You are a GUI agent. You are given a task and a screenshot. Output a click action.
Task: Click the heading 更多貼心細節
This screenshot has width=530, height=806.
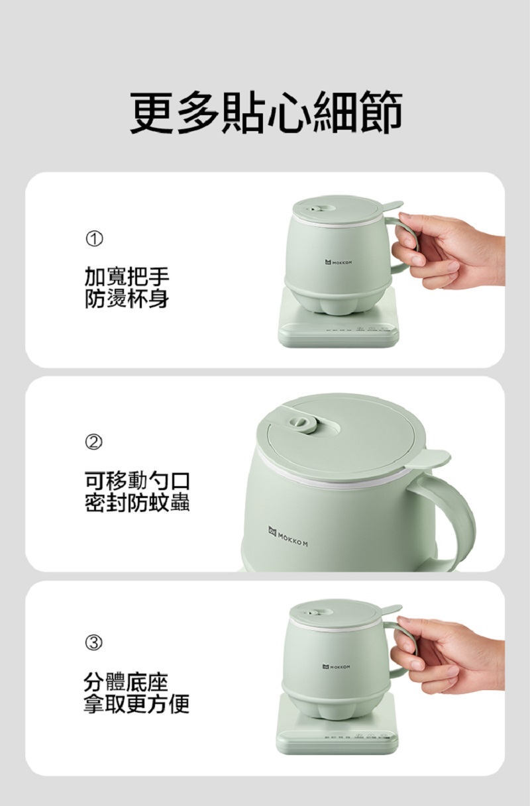(x=266, y=112)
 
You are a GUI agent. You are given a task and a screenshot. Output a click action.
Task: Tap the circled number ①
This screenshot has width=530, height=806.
(x=93, y=239)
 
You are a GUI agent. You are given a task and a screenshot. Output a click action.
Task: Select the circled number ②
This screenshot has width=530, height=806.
(x=93, y=442)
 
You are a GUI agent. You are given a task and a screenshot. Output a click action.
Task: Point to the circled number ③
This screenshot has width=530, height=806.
(x=93, y=643)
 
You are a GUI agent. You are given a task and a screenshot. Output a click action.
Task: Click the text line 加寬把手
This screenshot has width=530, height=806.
(x=127, y=276)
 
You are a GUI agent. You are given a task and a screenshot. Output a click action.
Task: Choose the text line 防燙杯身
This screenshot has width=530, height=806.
(x=127, y=299)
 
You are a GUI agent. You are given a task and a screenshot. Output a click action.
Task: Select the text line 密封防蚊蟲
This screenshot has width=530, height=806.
(x=137, y=502)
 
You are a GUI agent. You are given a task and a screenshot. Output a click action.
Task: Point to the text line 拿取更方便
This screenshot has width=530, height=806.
(x=136, y=704)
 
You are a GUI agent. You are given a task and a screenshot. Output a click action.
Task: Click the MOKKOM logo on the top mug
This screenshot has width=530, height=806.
(x=338, y=263)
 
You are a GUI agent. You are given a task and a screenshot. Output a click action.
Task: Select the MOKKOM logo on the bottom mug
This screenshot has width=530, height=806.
(x=337, y=667)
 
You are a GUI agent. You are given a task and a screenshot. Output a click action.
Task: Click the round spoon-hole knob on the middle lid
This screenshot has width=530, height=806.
(x=301, y=422)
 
